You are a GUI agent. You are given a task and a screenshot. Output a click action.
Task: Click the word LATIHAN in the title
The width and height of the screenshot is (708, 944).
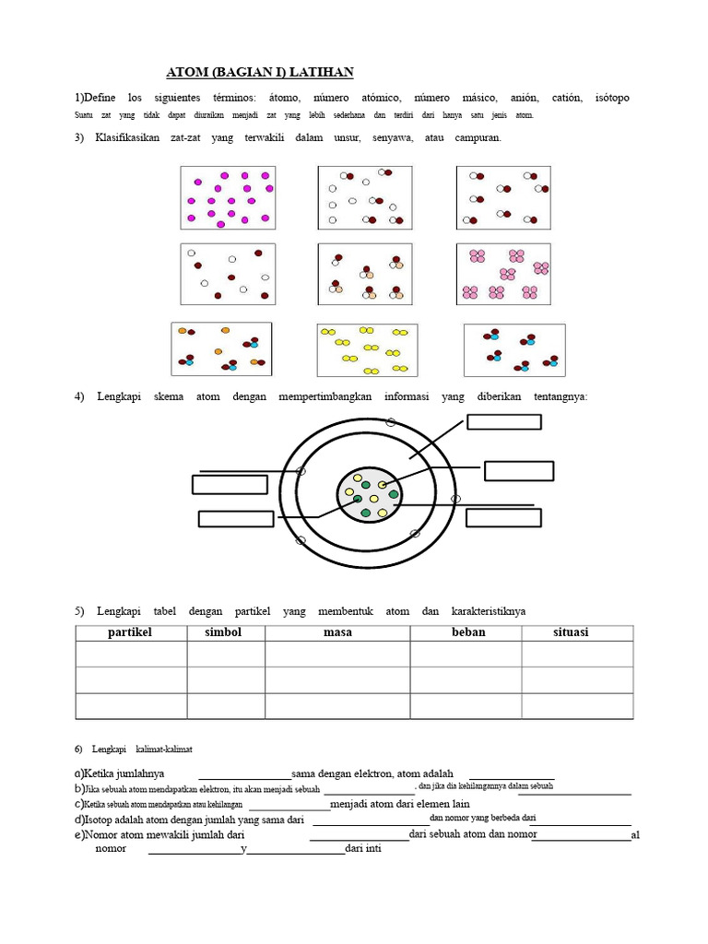[323, 73]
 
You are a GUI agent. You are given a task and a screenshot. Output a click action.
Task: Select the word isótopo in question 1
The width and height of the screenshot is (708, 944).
[613, 98]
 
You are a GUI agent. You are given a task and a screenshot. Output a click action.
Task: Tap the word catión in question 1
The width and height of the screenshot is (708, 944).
[567, 98]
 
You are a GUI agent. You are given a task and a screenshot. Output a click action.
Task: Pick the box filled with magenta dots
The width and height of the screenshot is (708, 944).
[228, 197]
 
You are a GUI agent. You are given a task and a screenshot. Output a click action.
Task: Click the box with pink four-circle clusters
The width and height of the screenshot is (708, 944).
[503, 274]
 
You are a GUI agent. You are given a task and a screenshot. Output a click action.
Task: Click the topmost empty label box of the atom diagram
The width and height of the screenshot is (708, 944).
[504, 422]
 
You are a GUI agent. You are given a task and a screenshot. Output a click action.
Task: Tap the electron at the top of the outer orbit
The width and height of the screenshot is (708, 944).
[390, 421]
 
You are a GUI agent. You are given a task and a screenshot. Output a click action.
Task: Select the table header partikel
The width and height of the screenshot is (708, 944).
[130, 632]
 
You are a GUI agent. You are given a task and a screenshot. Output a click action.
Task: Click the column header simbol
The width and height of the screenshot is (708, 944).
[225, 632]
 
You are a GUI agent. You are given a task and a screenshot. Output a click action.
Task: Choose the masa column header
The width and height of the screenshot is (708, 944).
[336, 632]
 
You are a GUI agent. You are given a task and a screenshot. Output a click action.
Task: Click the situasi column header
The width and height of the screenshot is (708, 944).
[571, 632]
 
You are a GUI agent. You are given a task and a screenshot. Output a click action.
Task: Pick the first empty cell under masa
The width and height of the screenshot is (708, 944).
[336, 655]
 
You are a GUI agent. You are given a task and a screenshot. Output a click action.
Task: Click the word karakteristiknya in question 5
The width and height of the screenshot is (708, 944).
[489, 611]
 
